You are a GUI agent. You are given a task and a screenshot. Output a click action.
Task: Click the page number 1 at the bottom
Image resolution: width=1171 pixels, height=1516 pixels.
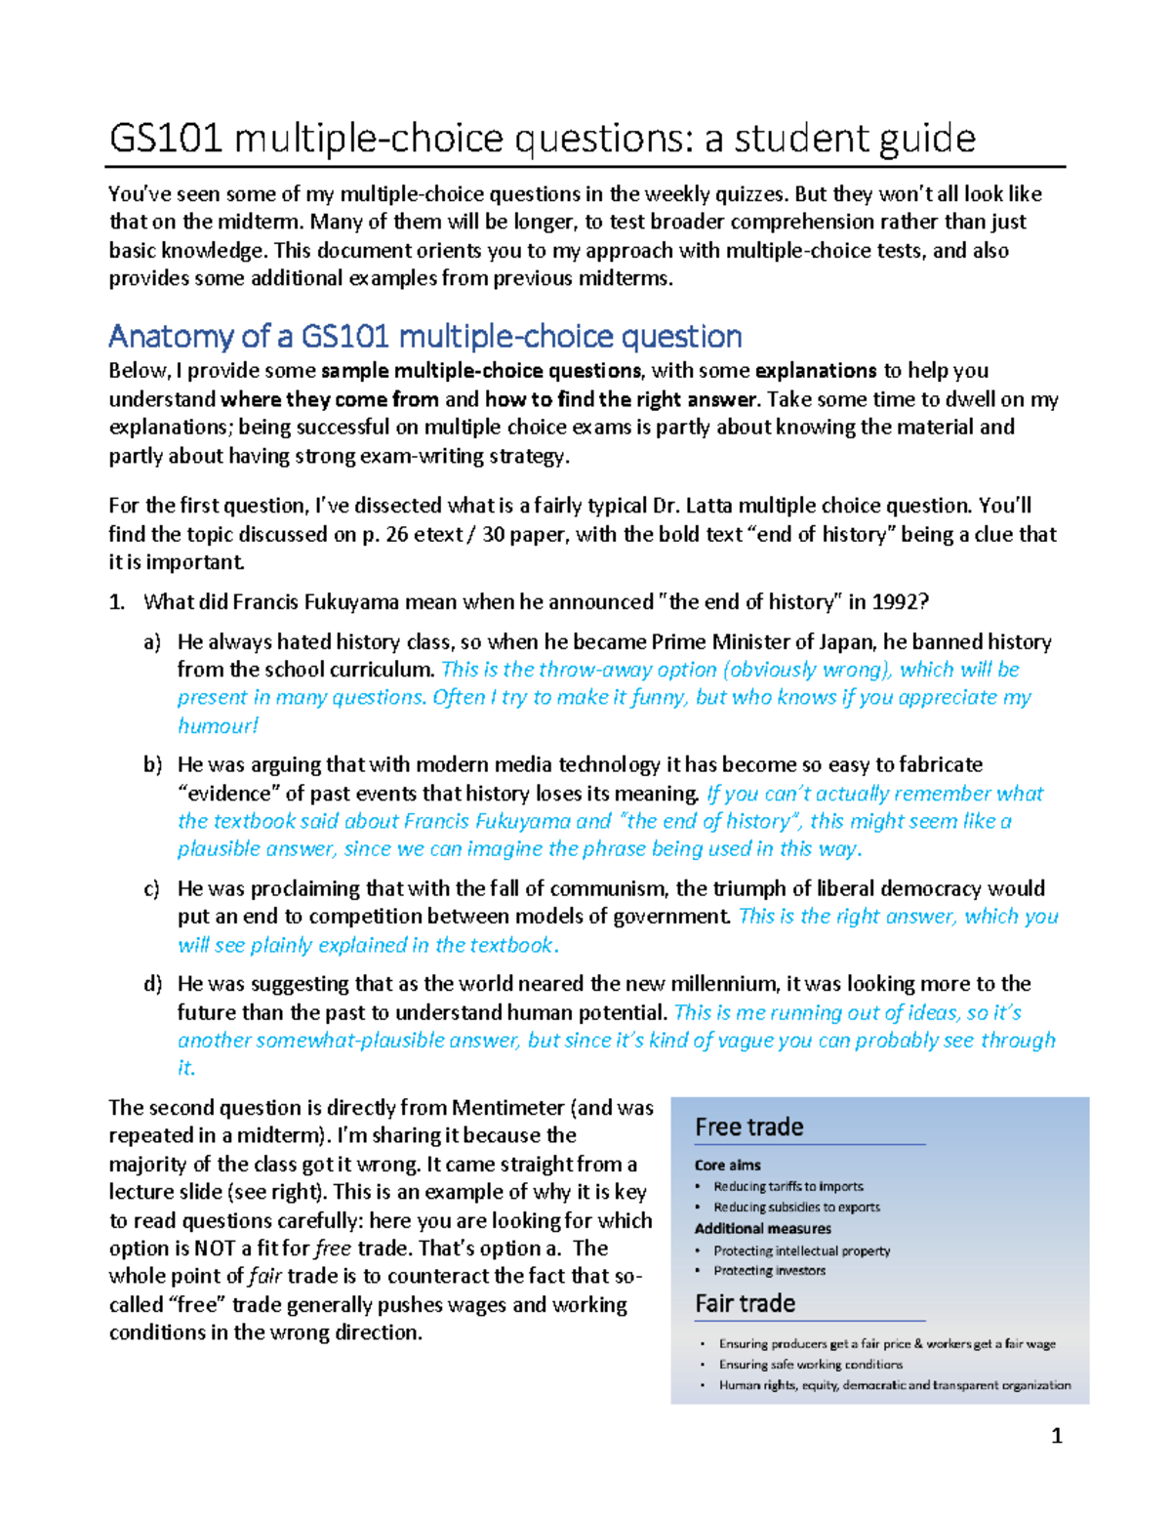[1056, 1436]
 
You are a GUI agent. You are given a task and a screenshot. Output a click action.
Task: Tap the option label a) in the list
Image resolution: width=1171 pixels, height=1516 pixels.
[152, 642]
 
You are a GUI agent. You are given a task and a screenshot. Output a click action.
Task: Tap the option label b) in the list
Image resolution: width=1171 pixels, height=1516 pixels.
[152, 765]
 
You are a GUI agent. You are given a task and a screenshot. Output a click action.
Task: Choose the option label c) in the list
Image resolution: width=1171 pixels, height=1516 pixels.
[151, 889]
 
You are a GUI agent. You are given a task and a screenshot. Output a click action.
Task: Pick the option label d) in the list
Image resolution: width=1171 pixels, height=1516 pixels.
[152, 984]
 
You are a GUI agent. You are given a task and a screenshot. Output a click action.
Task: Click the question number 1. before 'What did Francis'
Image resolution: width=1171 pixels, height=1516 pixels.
[117, 602]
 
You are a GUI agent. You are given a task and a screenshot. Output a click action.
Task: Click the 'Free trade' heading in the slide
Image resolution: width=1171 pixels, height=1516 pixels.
[748, 1127]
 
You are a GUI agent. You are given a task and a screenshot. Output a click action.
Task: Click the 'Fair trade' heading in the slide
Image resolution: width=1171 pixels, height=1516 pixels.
[745, 1304]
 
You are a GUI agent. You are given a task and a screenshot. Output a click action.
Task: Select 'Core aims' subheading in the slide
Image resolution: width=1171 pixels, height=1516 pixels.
[727, 1166]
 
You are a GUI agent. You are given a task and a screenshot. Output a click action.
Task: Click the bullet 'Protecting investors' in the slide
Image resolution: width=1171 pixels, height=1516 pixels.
[769, 1271]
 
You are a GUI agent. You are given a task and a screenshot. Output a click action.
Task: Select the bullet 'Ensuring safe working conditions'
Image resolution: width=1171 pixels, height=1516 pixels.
[810, 1365]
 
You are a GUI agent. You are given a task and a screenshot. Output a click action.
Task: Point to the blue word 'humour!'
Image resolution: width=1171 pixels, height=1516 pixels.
[218, 726]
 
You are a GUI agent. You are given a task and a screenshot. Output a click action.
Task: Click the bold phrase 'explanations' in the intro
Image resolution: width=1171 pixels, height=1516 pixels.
[816, 371]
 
